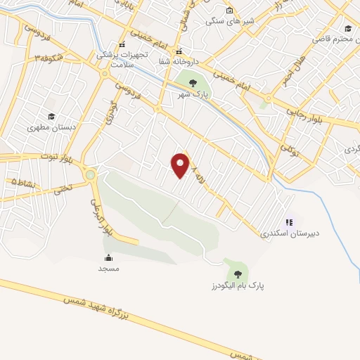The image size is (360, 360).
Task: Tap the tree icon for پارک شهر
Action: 193,83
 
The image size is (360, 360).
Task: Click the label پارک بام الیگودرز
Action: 232,286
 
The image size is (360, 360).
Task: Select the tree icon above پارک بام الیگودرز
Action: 237,273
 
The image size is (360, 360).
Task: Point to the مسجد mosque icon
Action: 108,257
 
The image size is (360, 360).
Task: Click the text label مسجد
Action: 108,269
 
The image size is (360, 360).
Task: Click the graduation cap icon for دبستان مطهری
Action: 51,117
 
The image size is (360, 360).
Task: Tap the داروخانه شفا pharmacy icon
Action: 179,51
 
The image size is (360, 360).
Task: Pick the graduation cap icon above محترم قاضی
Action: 347,28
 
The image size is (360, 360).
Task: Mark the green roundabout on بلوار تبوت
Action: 90,174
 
